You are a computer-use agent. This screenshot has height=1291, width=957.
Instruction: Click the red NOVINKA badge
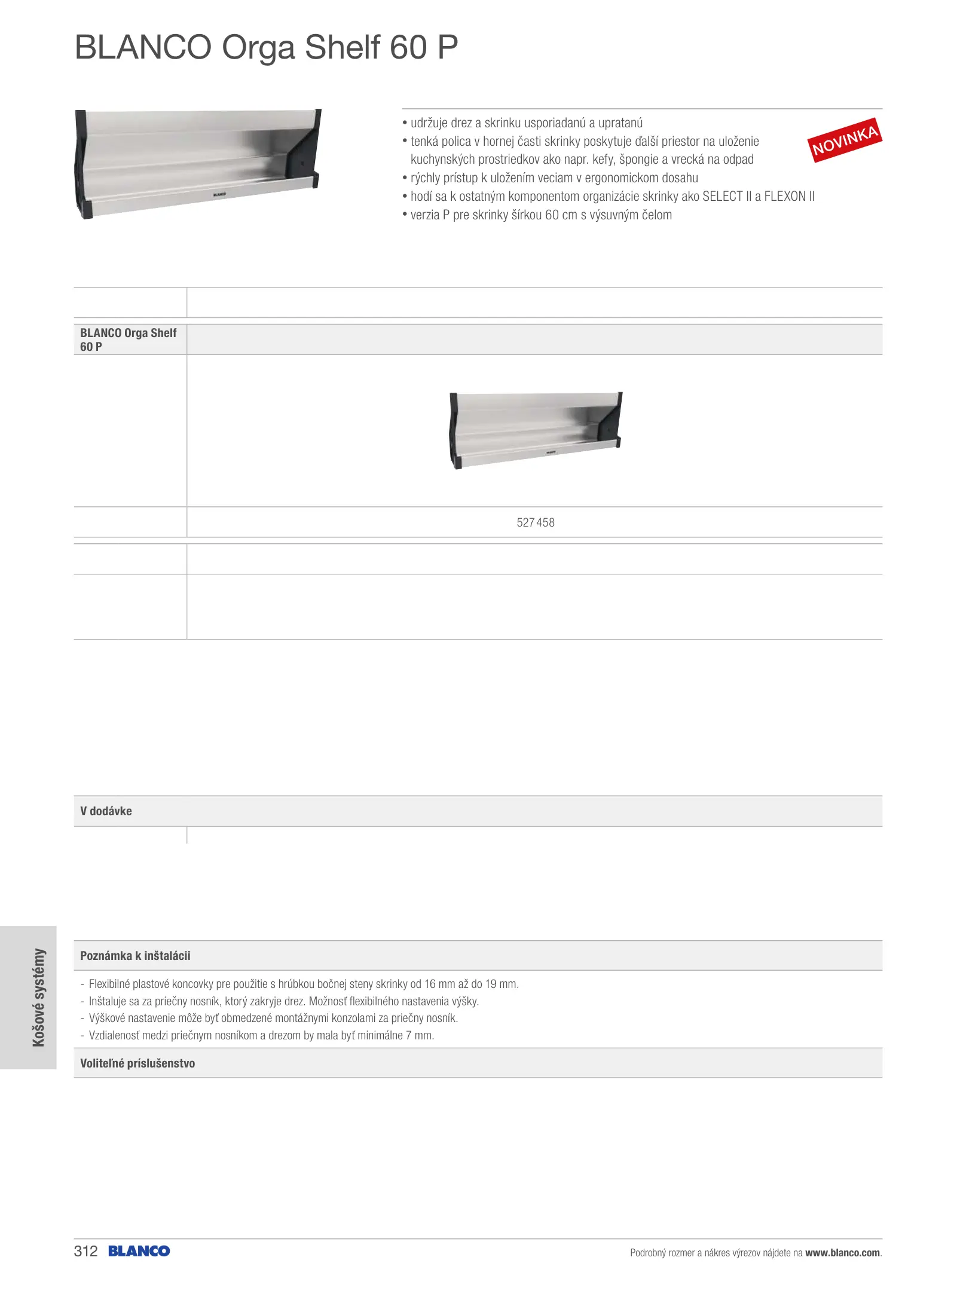[844, 140]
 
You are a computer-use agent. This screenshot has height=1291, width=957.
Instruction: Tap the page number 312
[85, 1251]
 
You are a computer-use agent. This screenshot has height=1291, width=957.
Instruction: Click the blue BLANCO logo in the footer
[139, 1251]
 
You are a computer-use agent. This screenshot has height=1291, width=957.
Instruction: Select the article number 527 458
[535, 522]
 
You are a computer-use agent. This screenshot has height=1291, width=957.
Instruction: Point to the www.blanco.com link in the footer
[842, 1253]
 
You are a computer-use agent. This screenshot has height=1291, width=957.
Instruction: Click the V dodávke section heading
[106, 811]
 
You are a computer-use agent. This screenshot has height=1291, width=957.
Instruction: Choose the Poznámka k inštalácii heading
[135, 955]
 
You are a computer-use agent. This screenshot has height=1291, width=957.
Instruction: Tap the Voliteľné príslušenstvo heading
[137, 1063]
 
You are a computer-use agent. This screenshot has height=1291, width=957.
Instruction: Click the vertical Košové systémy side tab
[38, 998]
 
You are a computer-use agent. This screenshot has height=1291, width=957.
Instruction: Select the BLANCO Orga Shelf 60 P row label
[128, 339]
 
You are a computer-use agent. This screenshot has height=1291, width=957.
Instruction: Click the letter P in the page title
[447, 47]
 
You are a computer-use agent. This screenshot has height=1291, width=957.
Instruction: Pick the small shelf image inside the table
[536, 430]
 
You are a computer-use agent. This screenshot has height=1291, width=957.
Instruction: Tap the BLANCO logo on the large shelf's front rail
[220, 194]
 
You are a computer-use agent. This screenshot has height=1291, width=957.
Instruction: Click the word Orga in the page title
[258, 47]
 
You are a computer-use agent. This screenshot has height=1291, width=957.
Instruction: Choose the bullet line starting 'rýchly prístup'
[554, 178]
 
